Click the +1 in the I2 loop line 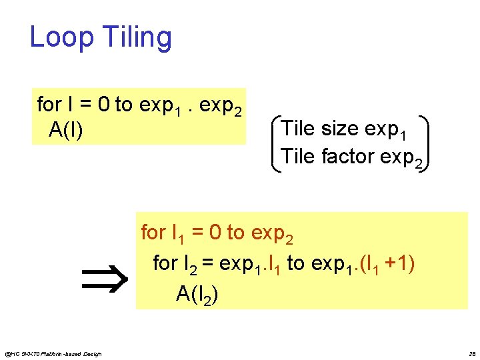[x=401, y=263]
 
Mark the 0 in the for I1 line [x=215, y=233]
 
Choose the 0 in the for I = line [x=104, y=105]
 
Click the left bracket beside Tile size [x=276, y=144]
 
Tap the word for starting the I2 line [x=165, y=263]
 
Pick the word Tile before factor [x=298, y=157]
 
